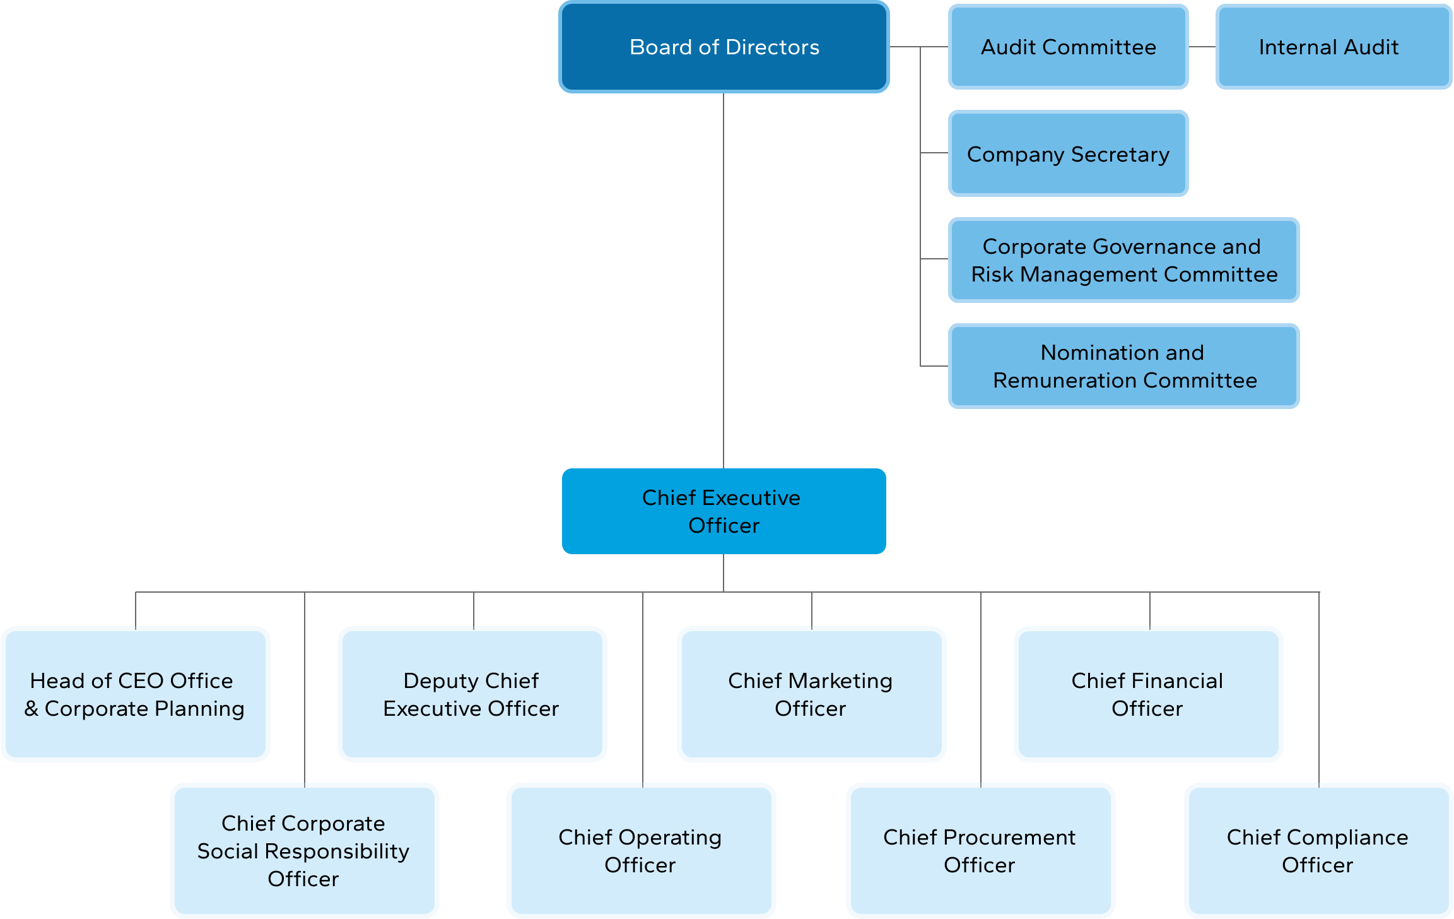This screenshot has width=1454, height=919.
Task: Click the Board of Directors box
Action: pos(724,47)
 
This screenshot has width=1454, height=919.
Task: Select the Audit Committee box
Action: pos(1068,47)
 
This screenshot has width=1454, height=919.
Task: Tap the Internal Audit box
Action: pos(1333,47)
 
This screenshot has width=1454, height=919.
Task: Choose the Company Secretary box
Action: pos(1068,154)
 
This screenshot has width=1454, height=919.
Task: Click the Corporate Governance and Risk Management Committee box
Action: pos(1123,260)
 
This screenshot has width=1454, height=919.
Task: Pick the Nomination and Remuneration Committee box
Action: pos(1123,366)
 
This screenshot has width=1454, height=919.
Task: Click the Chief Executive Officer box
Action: pos(724,511)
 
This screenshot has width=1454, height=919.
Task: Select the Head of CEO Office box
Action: pos(136,694)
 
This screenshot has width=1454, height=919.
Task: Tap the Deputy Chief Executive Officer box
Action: pos(472,694)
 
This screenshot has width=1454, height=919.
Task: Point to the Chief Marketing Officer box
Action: pos(811,694)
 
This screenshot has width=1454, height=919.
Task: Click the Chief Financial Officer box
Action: pos(1148,694)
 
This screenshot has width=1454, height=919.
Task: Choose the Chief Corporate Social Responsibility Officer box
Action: pos(304,851)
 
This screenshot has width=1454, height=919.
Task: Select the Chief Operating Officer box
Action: pos(641,851)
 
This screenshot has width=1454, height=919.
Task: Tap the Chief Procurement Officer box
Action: pos(980,851)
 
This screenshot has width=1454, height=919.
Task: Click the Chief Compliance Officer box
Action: pos(1318,851)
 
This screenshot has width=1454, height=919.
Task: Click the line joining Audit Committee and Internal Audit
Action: pos(1202,47)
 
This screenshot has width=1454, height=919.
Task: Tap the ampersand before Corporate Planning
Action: pos(32,709)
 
